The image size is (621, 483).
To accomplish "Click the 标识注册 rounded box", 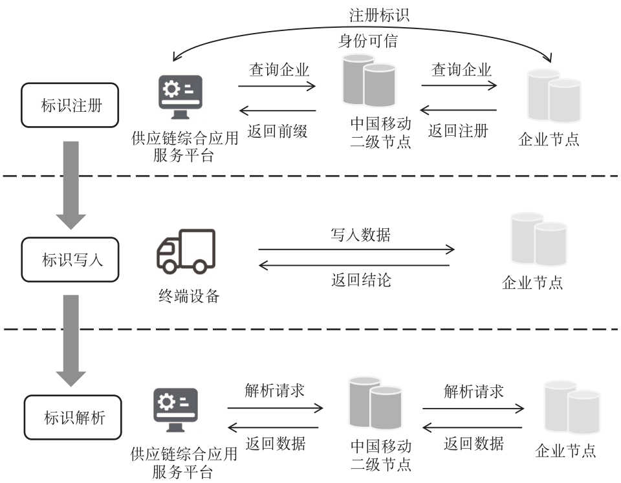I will (71, 105).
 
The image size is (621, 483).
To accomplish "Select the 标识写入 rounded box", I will (71, 260).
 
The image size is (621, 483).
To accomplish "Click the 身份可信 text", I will (368, 42).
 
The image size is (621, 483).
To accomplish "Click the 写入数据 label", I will (361, 234).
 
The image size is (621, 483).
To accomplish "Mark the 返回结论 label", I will (361, 280).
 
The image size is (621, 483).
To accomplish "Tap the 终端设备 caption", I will (189, 296).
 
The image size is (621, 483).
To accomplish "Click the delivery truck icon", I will (186, 252).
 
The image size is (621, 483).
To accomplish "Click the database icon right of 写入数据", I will (538, 240).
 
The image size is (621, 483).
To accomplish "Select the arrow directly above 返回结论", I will (354, 265).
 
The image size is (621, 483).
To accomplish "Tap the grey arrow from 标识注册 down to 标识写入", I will (71, 184).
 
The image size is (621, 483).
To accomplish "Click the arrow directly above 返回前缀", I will (277, 111).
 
